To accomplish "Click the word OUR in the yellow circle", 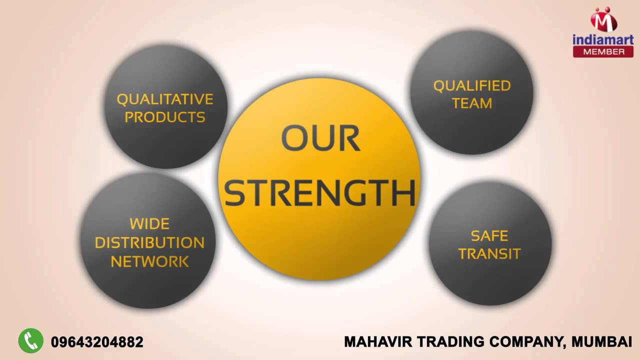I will pos(320,138).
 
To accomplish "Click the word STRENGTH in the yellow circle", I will pos(320,193).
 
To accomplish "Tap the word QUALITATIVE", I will pos(165,99).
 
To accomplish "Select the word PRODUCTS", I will pos(165,117).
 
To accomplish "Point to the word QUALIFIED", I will pos(471,86).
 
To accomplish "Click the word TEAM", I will pos(471,103).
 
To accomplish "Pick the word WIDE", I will pos(149,223).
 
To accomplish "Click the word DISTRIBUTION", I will pos(149,242).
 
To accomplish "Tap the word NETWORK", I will pos(149,261).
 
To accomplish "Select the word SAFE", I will pos(489,235).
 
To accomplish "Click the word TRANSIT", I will pos(489,253).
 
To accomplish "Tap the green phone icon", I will pos(31,341).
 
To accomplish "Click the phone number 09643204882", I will pos(97,342).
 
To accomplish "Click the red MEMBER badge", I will pos(603,51).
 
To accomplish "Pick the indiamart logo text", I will pos(603,39).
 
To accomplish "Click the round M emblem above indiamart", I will pos(603,20).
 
